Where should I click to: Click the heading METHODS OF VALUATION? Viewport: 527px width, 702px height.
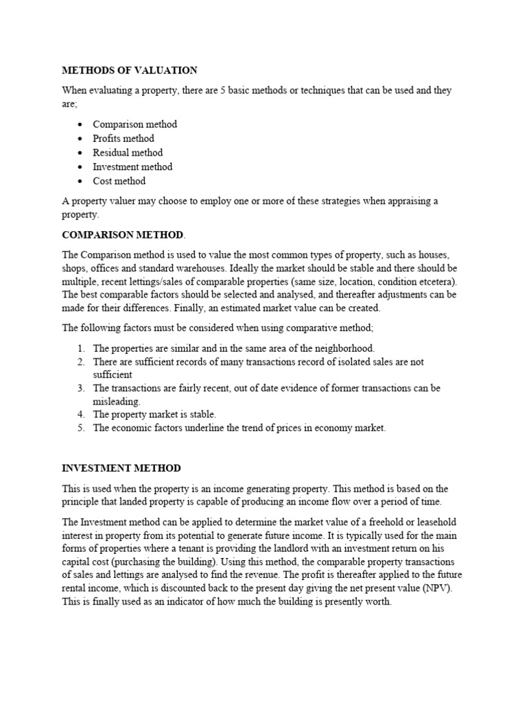coord(130,70)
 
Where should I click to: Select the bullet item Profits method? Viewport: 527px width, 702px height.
coord(124,138)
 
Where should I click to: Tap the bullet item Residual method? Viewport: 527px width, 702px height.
coord(128,153)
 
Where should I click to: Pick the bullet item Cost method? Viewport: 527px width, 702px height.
coord(119,181)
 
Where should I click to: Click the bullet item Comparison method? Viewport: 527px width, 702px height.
coord(134,124)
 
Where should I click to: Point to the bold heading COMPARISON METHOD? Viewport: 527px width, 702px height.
coord(123,234)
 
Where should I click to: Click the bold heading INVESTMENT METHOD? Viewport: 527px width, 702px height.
coord(121,468)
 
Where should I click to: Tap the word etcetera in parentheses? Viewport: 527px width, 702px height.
coord(432,281)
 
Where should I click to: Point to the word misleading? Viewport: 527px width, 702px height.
coord(117,401)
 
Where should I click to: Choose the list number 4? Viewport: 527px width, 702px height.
coord(80,414)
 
